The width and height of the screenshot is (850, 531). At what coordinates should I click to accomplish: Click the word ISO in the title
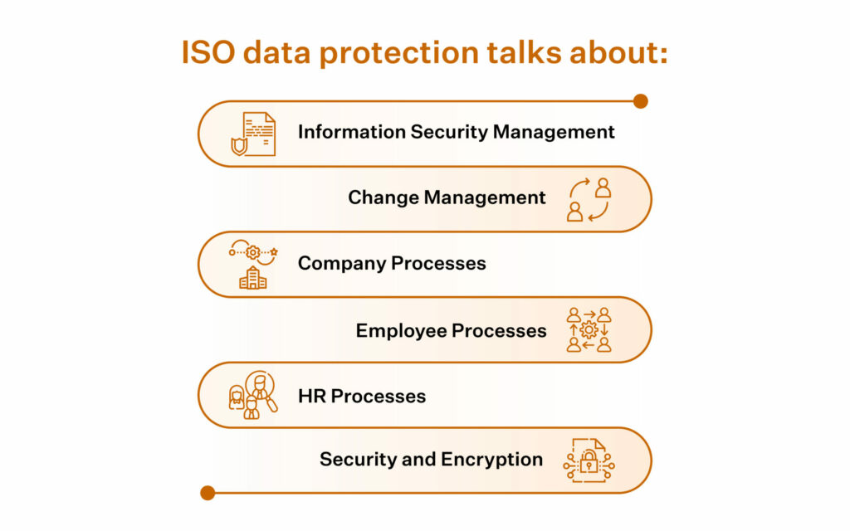(x=208, y=52)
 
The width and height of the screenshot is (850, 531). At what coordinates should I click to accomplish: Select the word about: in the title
(x=618, y=52)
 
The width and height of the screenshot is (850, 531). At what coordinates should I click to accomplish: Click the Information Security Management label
(x=457, y=132)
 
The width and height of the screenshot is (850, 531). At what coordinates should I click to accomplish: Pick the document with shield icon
(x=253, y=134)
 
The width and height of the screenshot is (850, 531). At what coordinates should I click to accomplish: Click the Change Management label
(x=447, y=197)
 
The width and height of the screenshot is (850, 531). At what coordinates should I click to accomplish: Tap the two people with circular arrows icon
(x=589, y=199)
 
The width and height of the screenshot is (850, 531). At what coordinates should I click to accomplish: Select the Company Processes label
(x=392, y=263)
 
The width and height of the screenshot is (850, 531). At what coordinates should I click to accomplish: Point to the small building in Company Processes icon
(x=253, y=278)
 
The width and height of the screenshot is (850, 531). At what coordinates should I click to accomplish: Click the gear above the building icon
(x=252, y=252)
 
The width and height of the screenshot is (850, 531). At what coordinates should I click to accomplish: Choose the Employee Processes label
(x=451, y=330)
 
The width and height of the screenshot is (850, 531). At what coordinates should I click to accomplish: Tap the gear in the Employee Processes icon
(x=589, y=329)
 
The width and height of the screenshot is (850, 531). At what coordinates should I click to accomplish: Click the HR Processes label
(x=362, y=396)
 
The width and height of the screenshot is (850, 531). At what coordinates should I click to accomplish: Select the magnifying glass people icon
(x=253, y=395)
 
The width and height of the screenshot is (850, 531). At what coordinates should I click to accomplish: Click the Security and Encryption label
(x=431, y=460)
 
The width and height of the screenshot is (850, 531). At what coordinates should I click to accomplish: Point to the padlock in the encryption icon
(x=589, y=461)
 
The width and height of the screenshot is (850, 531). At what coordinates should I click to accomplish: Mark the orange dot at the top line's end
(x=641, y=101)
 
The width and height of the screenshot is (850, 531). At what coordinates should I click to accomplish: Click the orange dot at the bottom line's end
(x=208, y=493)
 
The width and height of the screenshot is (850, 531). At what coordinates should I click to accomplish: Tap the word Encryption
(x=491, y=460)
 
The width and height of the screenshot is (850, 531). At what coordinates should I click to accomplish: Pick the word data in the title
(x=277, y=52)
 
